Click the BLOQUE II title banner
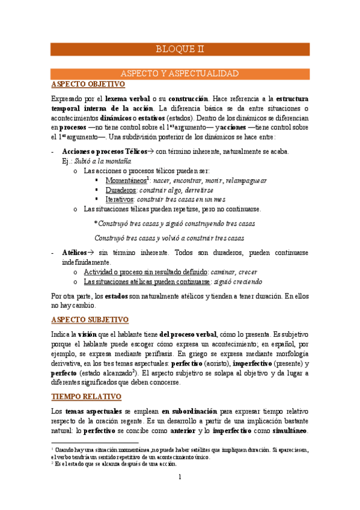(x=180, y=49)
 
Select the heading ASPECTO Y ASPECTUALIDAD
(x=180, y=73)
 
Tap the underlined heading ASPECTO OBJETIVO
(x=88, y=84)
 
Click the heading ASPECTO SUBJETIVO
(x=90, y=319)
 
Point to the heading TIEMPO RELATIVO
(x=87, y=380)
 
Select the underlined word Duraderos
(x=121, y=189)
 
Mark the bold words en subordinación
(x=190, y=393)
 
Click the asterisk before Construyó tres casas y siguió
(x=96, y=223)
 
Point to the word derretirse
(x=192, y=189)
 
